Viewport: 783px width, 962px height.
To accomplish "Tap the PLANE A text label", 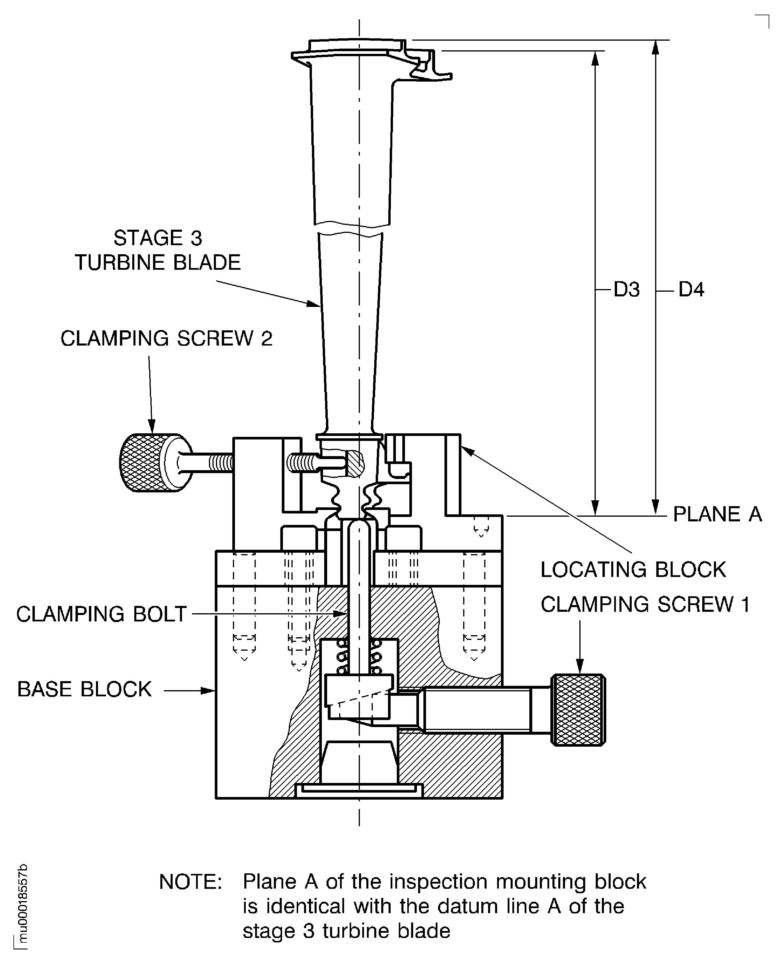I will tap(717, 514).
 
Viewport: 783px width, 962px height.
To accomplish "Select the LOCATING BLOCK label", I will tap(633, 570).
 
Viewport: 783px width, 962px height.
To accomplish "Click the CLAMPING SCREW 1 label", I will tap(645, 604).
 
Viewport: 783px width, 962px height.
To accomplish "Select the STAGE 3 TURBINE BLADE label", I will tap(158, 251).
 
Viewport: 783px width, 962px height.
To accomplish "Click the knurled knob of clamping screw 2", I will tap(140, 463).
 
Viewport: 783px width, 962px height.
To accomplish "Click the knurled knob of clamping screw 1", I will tap(579, 710).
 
